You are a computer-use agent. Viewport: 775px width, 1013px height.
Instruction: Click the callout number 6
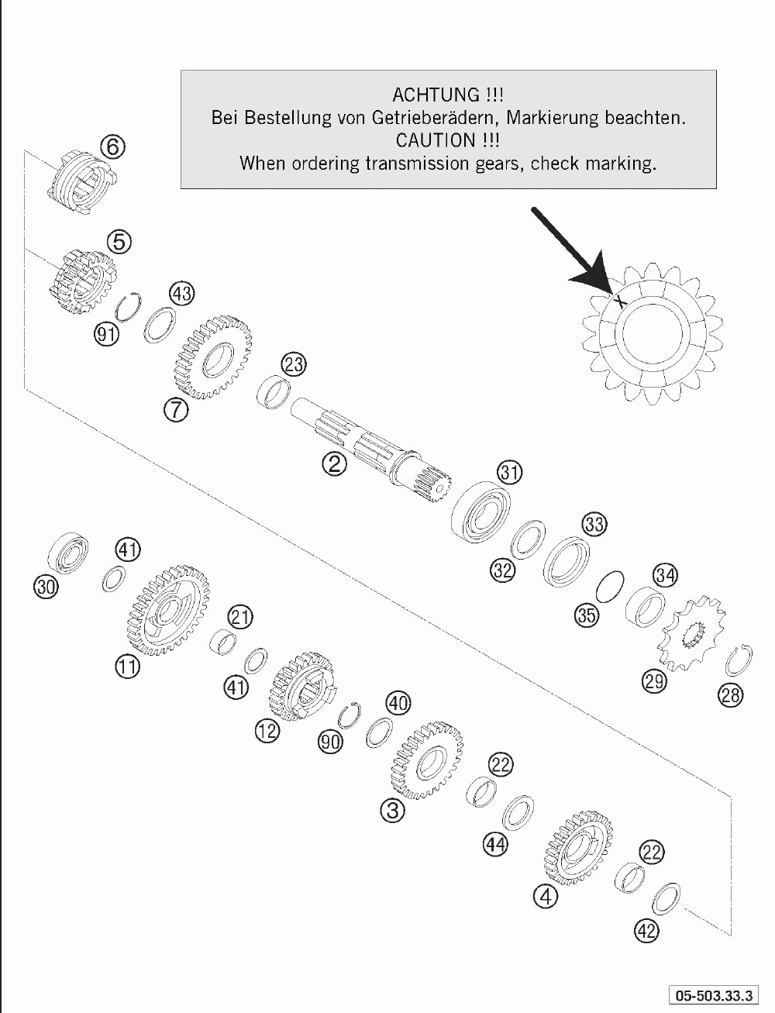113,146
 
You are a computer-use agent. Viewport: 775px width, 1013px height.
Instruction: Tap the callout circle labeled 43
181,294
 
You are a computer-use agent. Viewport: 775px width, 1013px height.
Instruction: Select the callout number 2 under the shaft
336,464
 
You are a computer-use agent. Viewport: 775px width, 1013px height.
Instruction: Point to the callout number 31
510,471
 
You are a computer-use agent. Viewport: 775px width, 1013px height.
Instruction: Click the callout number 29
654,681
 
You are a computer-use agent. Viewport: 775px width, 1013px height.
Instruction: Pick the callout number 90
331,742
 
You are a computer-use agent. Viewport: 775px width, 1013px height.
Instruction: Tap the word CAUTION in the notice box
437,140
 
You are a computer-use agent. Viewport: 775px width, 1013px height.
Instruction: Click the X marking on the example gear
619,301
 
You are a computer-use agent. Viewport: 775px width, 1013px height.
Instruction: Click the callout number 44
496,844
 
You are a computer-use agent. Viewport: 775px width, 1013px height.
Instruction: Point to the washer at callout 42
666,897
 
